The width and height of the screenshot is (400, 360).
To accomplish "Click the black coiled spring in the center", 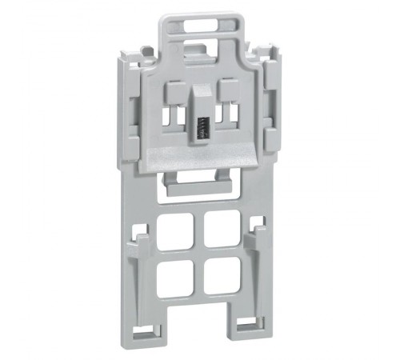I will [x=202, y=127].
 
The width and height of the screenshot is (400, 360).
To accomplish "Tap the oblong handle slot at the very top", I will [x=202, y=26].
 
